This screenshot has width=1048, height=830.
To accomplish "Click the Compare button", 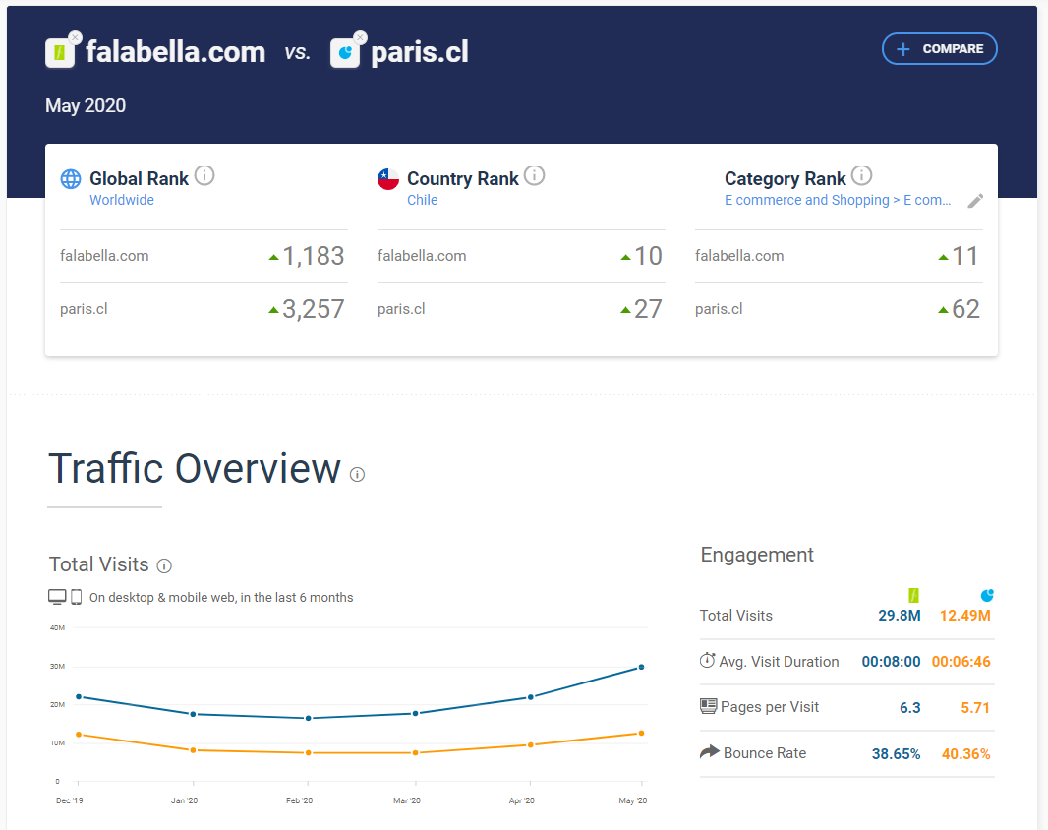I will click(940, 49).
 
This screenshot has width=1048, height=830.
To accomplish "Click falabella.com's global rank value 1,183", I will click(314, 256).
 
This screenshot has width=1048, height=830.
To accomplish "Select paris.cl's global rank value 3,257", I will click(314, 309).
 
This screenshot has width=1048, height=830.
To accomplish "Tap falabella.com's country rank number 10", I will click(648, 256).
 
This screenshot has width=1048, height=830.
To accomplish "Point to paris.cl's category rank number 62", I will click(965, 309).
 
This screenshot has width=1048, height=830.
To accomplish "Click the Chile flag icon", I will click(388, 179).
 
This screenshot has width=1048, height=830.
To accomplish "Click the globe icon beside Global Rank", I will click(71, 179).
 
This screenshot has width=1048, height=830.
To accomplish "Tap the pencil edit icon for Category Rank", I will click(975, 201).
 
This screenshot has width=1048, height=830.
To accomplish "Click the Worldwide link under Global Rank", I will click(122, 200).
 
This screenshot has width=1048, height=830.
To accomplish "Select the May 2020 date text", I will click(86, 106).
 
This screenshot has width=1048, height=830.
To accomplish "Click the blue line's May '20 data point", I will click(642, 667).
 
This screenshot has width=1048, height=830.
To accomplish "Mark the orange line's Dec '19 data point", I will click(79, 735).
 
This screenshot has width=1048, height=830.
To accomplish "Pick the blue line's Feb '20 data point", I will click(309, 718).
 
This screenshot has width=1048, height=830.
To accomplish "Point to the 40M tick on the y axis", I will click(57, 627).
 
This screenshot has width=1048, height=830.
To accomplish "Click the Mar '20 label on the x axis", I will click(407, 801).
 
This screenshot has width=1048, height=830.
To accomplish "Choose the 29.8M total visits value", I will click(900, 616).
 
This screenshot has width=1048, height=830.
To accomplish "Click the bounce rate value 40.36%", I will click(965, 754).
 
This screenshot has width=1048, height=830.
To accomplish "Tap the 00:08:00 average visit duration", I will click(891, 662).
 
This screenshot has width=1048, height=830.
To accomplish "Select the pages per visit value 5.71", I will click(975, 707).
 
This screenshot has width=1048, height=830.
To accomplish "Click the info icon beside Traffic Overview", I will click(358, 474).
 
